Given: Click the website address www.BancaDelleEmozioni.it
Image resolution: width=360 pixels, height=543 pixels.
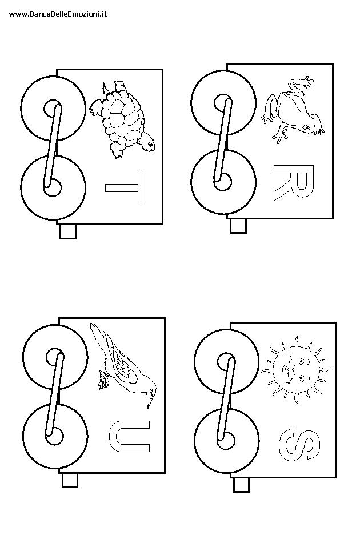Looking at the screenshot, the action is click(58, 14).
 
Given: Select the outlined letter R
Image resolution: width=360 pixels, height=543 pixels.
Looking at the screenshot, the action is click(294, 182).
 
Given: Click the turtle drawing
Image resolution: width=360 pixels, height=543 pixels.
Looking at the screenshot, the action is click(123, 120).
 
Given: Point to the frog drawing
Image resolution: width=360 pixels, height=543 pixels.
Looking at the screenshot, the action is click(292, 110).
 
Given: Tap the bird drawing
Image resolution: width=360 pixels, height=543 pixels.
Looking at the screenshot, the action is click(123, 365).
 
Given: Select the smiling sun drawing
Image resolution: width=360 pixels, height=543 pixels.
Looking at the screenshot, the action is click(297, 369).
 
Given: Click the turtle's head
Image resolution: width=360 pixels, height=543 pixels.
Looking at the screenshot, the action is click(148, 143).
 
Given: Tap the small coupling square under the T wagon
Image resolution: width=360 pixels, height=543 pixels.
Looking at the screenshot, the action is click(68, 231).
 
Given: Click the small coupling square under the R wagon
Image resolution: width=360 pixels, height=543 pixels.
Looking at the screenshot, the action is click(238, 226).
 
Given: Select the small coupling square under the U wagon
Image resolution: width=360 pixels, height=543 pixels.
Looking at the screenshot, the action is click(70, 480).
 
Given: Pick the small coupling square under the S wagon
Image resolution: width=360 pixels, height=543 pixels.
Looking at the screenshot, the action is click(242, 485).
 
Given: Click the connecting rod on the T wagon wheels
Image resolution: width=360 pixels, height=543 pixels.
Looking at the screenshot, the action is click(53, 146).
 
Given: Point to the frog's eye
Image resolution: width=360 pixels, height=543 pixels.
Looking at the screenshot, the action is click(307, 128).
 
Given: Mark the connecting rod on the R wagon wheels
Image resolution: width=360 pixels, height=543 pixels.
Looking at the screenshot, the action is click(223, 140).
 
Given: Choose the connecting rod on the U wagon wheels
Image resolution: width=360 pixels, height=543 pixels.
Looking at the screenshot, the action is click(55, 394).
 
